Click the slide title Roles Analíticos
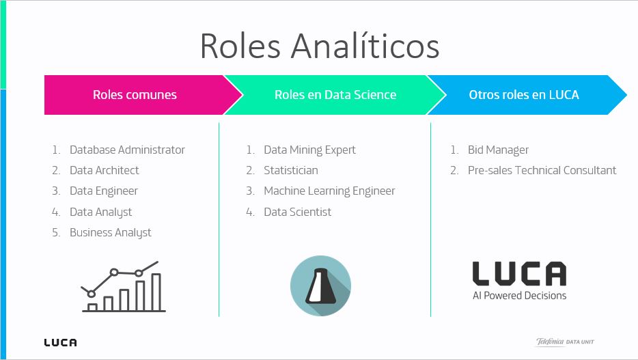[x=319, y=46]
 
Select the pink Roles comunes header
[x=135, y=95]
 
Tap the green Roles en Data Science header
[x=335, y=95]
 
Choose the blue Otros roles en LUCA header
[x=523, y=95]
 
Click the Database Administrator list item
[x=127, y=150]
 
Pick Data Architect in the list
[x=104, y=170]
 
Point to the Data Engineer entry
[x=104, y=191]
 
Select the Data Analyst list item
[x=100, y=212]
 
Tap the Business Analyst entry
[x=110, y=232]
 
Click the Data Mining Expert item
[x=309, y=150]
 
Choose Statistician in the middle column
[x=290, y=170]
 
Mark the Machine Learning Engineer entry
[x=329, y=191]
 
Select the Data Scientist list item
[x=297, y=212]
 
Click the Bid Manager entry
[x=498, y=150]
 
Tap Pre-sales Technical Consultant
[x=542, y=170]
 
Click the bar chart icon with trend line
[x=124, y=286]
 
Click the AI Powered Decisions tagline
[x=519, y=296]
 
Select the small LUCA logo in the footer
[x=60, y=342]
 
